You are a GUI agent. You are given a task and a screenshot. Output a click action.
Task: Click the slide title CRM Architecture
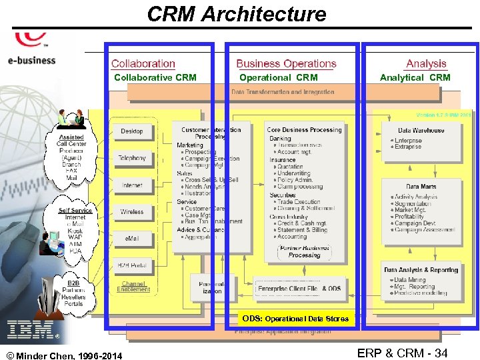(237, 14)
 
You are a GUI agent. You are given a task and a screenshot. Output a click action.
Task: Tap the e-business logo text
(31, 60)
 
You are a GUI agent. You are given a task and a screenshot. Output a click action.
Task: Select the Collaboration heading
(143, 64)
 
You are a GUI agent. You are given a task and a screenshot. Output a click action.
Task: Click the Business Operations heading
(286, 64)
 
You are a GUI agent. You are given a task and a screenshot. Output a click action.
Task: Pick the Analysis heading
(426, 64)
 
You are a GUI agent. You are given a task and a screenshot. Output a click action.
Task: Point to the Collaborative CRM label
(155, 77)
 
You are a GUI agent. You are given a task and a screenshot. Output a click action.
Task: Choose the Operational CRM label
(279, 77)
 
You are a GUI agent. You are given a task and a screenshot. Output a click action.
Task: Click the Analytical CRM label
(415, 77)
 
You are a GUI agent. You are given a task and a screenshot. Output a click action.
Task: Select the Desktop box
(132, 131)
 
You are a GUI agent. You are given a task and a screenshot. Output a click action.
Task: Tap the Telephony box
(132, 158)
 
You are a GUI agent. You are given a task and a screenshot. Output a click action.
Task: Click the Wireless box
(132, 211)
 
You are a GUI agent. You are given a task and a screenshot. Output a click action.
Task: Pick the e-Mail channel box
(132, 238)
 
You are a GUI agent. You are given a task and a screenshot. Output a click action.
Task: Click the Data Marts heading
(421, 187)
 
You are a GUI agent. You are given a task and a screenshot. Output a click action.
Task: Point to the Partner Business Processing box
(305, 251)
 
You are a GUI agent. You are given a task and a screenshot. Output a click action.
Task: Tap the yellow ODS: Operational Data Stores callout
(295, 319)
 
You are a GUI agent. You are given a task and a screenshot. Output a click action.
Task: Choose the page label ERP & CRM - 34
(402, 353)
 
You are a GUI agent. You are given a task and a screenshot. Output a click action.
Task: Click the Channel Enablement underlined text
(133, 287)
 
